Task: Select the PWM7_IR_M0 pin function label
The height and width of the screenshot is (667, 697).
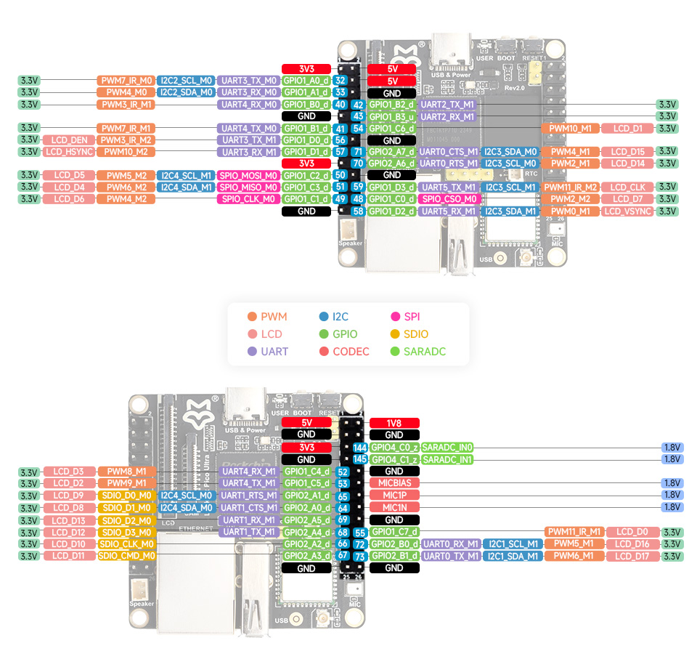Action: pos(126,81)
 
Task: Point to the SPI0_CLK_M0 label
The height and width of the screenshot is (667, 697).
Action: pos(248,199)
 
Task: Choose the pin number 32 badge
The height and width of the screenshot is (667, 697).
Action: pos(340,81)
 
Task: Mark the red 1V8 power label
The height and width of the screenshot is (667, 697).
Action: pos(394,423)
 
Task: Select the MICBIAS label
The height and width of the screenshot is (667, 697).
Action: pos(394,483)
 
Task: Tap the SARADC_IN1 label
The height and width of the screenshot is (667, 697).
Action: pos(447,459)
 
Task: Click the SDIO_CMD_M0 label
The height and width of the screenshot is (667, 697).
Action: pos(126,556)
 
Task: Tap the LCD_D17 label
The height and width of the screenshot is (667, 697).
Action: pos(632,557)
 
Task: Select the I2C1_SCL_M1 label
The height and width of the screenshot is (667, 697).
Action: pos(513,544)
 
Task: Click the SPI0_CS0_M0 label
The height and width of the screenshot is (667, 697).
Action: pos(449,199)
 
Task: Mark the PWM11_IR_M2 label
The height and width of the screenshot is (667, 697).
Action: pos(570,187)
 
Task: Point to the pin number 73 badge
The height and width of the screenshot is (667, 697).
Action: pos(359,557)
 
